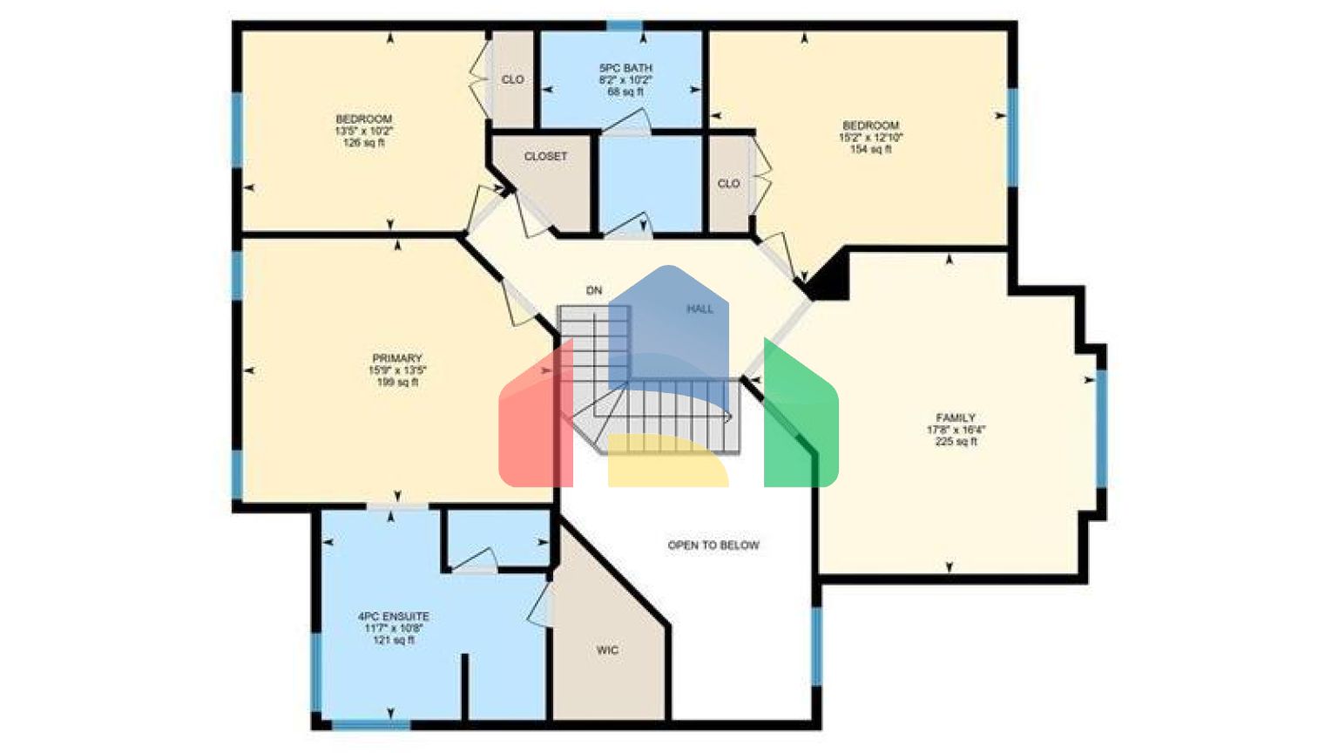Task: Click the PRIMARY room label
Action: coord(397,358)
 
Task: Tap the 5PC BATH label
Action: coord(625,68)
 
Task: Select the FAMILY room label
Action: coord(956,417)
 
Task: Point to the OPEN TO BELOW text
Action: coord(713,546)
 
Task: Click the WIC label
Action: coord(607,650)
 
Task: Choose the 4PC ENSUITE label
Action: coord(394,616)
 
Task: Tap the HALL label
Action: coord(699,309)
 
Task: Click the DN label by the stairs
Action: coord(594,290)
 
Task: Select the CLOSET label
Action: coord(545,156)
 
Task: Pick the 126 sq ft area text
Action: coord(364,143)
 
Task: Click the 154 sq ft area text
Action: coord(870,150)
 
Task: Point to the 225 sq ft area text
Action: coord(956,442)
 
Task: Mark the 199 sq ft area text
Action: coord(397,383)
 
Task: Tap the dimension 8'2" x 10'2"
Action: coord(625,80)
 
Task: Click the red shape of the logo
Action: coord(533,427)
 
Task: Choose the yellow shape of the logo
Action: coord(666,462)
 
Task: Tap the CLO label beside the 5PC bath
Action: coord(512,79)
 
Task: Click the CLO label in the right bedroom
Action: coord(728,184)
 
